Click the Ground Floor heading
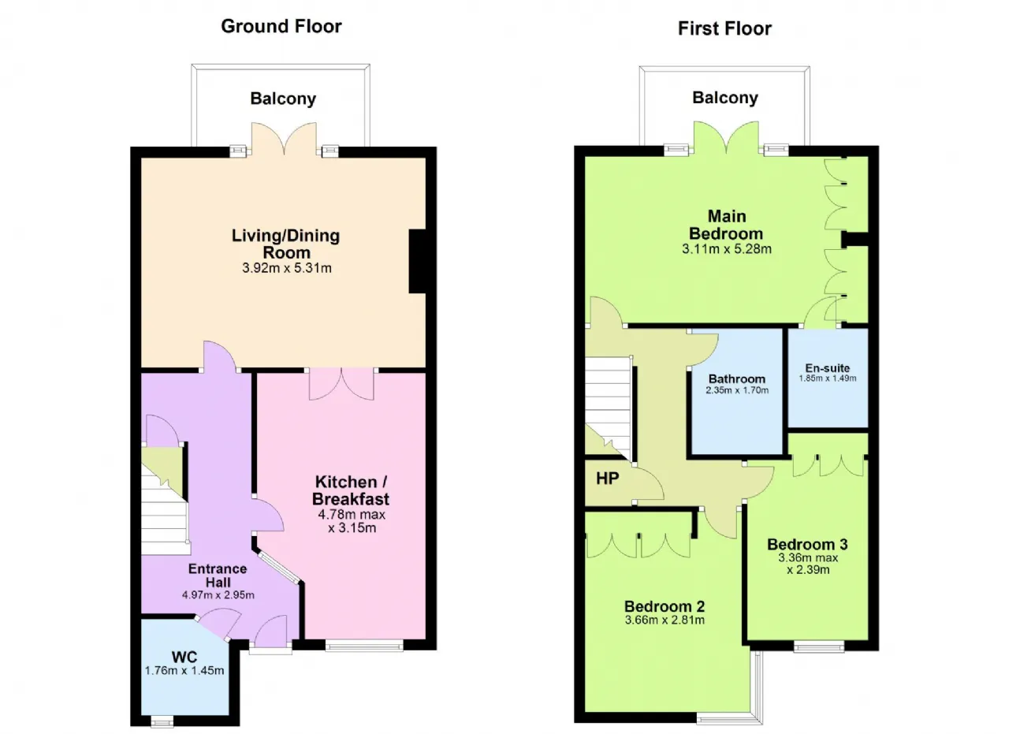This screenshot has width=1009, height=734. pyautogui.click(x=281, y=26)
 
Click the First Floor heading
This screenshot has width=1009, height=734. pyautogui.click(x=724, y=28)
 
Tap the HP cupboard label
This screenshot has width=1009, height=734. pyautogui.click(x=607, y=479)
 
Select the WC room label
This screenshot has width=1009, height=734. pyautogui.click(x=184, y=657)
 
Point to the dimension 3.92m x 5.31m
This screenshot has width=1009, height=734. pyautogui.click(x=287, y=268)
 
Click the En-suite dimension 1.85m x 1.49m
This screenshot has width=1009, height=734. pyautogui.click(x=828, y=378)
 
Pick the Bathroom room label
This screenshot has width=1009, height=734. pyautogui.click(x=737, y=379)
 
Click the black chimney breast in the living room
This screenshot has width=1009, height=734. pyautogui.click(x=418, y=261)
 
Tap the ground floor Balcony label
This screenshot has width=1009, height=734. pyautogui.click(x=283, y=99)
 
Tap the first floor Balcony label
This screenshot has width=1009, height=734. pyautogui.click(x=725, y=98)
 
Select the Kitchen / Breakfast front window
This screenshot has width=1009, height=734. pyautogui.click(x=364, y=646)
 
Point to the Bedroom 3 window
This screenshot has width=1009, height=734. pyautogui.click(x=819, y=647)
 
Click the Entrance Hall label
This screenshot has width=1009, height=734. pyautogui.click(x=218, y=576)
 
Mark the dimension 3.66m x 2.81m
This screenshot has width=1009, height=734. pyautogui.click(x=665, y=620)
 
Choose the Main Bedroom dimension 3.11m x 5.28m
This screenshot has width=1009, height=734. pyautogui.click(x=727, y=248)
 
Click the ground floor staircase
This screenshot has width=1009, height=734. pyautogui.click(x=165, y=500)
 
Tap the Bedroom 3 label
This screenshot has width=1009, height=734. pyautogui.click(x=808, y=544)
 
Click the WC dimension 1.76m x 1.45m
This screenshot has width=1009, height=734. pyautogui.click(x=184, y=670)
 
